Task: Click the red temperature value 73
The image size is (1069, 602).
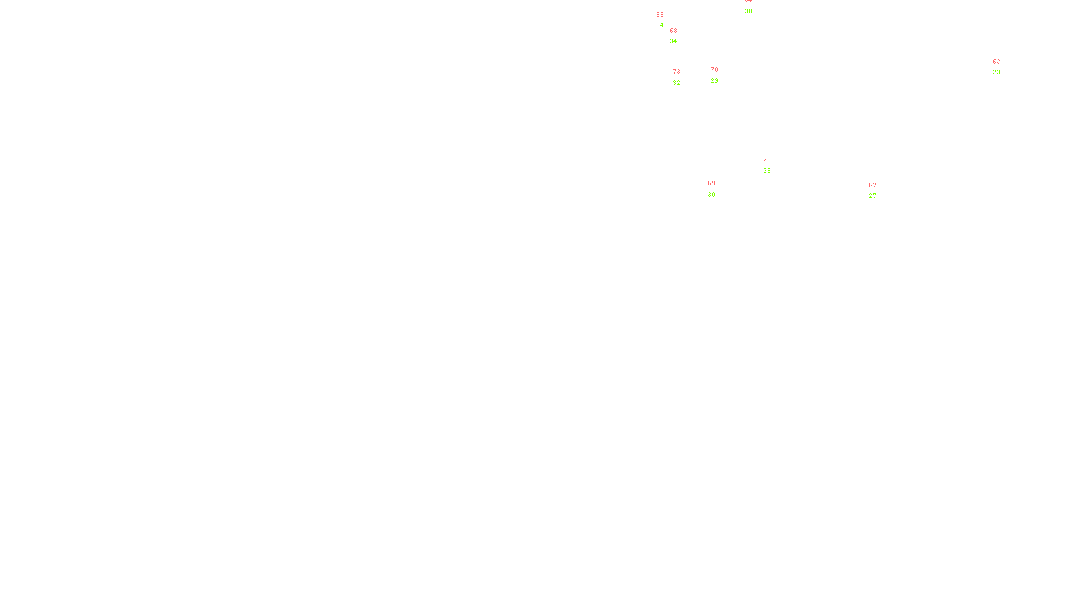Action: click(677, 72)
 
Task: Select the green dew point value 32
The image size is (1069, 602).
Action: click(677, 83)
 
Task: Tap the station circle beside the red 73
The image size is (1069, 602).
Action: click(683, 78)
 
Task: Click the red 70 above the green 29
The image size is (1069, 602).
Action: click(714, 70)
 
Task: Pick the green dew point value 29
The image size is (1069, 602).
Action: click(714, 81)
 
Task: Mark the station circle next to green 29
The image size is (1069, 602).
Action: click(721, 75)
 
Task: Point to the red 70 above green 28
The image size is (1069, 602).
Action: click(767, 159)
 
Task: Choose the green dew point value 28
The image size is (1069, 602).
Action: click(767, 171)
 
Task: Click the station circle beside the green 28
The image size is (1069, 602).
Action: click(773, 165)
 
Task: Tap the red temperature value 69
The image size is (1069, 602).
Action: click(712, 183)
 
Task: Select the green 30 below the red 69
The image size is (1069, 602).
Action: click(712, 195)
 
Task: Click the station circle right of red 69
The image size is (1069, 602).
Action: click(718, 189)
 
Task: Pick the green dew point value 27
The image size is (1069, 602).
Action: click(873, 196)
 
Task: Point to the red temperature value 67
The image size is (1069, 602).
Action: click(873, 185)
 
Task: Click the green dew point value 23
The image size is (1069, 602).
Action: click(996, 72)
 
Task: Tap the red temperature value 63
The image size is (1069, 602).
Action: click(996, 62)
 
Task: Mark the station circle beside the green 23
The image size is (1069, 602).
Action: click(1002, 67)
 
